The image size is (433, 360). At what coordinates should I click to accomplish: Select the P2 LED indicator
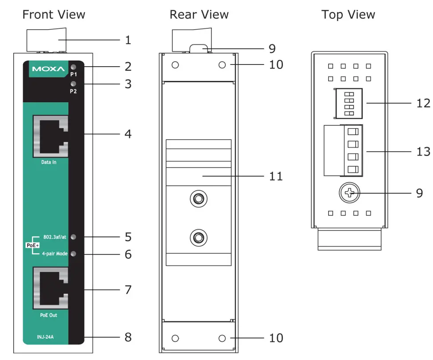click(x=74, y=84)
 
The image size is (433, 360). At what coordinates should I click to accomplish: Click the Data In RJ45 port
click(x=50, y=136)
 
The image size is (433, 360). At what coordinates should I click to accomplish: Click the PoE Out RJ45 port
click(x=50, y=288)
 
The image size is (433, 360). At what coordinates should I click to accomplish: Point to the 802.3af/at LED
click(x=74, y=237)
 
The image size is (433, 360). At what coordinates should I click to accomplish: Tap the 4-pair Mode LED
click(x=74, y=254)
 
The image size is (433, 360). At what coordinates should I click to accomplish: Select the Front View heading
click(x=53, y=15)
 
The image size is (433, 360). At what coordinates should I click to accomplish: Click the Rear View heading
click(x=199, y=15)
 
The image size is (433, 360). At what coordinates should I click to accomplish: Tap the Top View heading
click(x=348, y=15)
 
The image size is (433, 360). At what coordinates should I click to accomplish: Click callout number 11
click(x=276, y=176)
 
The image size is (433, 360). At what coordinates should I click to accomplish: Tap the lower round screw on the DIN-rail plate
click(x=198, y=237)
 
